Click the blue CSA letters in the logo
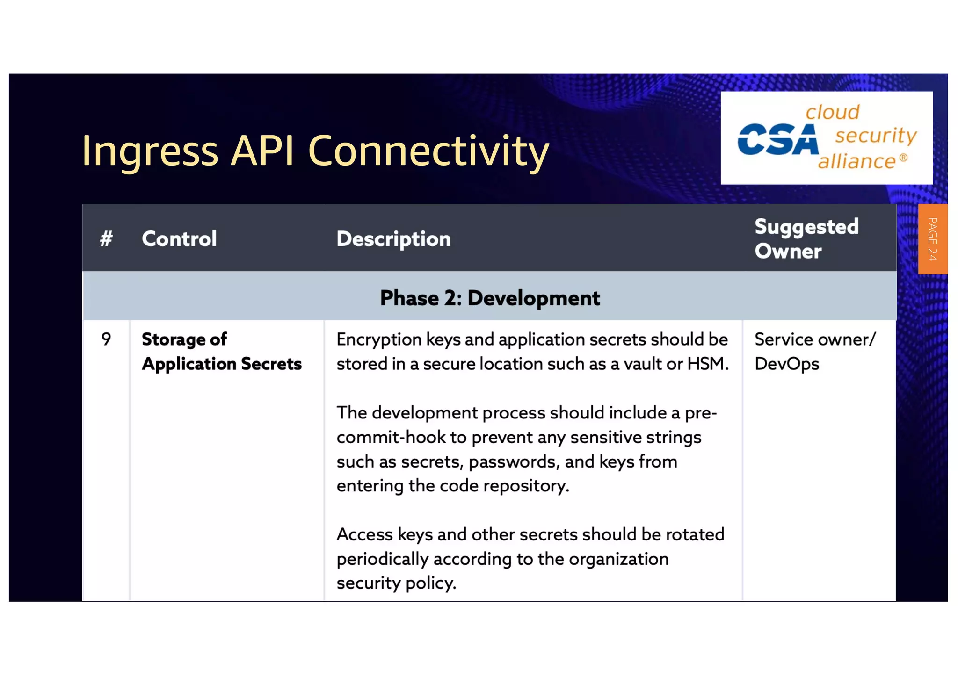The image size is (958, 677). click(x=777, y=139)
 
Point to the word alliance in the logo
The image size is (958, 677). click(x=856, y=162)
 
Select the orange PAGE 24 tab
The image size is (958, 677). click(x=932, y=239)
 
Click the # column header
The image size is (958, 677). click(x=106, y=239)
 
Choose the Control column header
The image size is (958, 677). click(x=179, y=239)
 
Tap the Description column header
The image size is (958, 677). click(x=393, y=239)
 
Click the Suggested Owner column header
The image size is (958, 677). click(x=806, y=239)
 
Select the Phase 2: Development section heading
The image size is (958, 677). click(x=489, y=298)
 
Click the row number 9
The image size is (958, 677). click(x=106, y=339)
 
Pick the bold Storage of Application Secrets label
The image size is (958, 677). click(x=221, y=352)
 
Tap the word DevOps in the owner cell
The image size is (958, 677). click(x=787, y=364)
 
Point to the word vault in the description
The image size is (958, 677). click(x=639, y=364)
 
